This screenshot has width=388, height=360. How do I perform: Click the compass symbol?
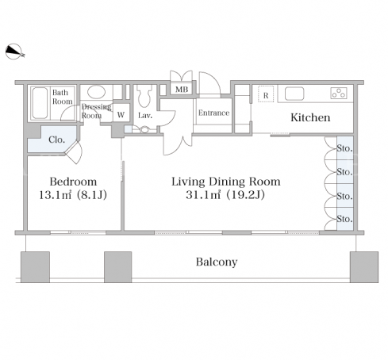point(14,52)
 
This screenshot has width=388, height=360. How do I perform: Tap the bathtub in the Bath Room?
point(40,103)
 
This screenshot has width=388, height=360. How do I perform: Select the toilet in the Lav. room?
point(144,96)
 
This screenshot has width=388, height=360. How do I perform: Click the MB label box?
point(182,90)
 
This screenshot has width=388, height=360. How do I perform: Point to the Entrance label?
point(213,113)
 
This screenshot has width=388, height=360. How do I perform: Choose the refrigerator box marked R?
point(266,94)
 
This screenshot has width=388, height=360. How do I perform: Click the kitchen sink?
point(294,94)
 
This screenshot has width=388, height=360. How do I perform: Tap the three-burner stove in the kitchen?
point(339,94)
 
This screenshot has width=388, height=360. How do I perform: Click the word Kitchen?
point(310,117)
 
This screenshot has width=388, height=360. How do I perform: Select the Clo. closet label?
point(56,140)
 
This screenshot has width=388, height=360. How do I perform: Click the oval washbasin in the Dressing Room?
point(96,92)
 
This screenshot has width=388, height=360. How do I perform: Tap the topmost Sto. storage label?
point(344,148)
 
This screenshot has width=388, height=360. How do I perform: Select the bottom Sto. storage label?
point(344,219)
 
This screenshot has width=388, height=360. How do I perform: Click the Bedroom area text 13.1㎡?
point(56,195)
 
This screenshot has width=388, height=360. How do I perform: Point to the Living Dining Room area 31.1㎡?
point(203,195)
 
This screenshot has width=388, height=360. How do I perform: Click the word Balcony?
point(217,262)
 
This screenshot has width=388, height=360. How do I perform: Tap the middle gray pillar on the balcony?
point(117,267)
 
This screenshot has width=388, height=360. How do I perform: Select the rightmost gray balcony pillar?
point(364,267)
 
